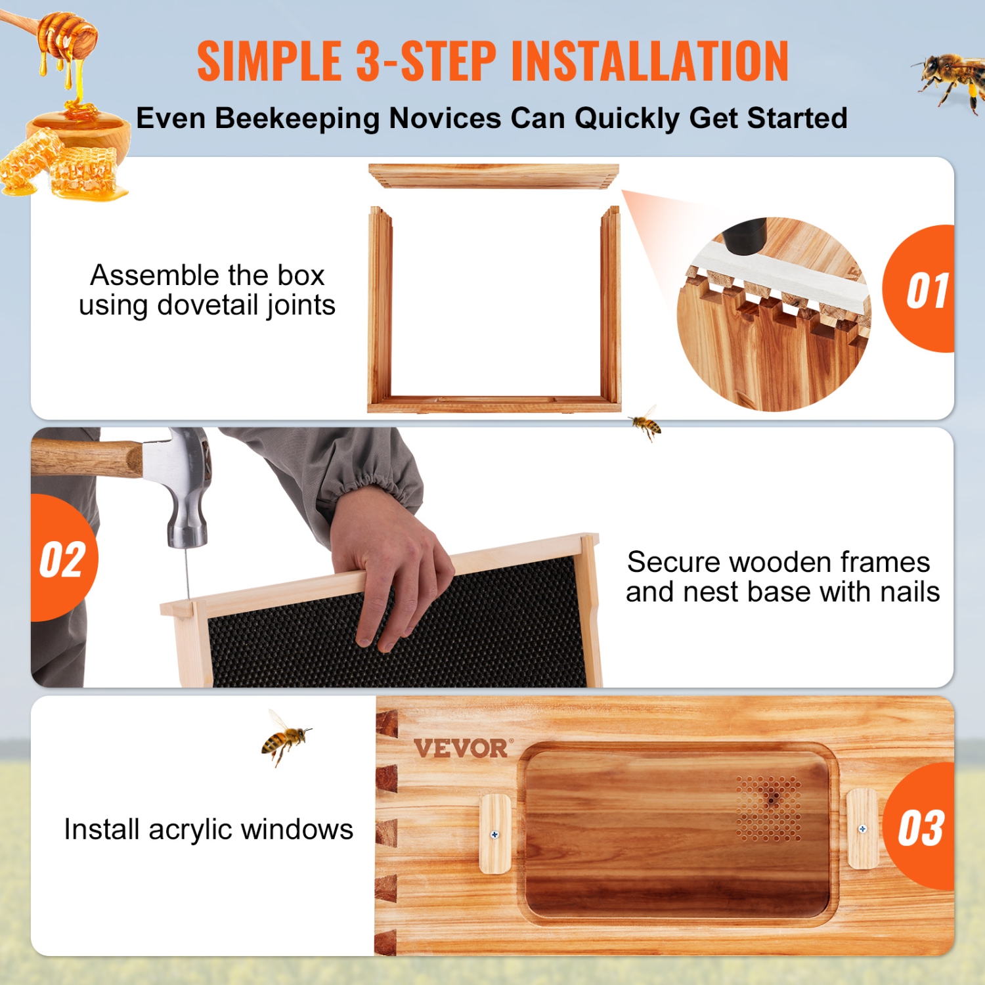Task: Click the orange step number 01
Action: [927, 290]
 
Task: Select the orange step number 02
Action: [62, 560]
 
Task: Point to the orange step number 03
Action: [921, 828]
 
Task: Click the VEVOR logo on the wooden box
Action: [461, 748]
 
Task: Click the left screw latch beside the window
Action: [496, 834]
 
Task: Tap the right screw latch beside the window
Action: [862, 829]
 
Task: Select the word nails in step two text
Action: [909, 592]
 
